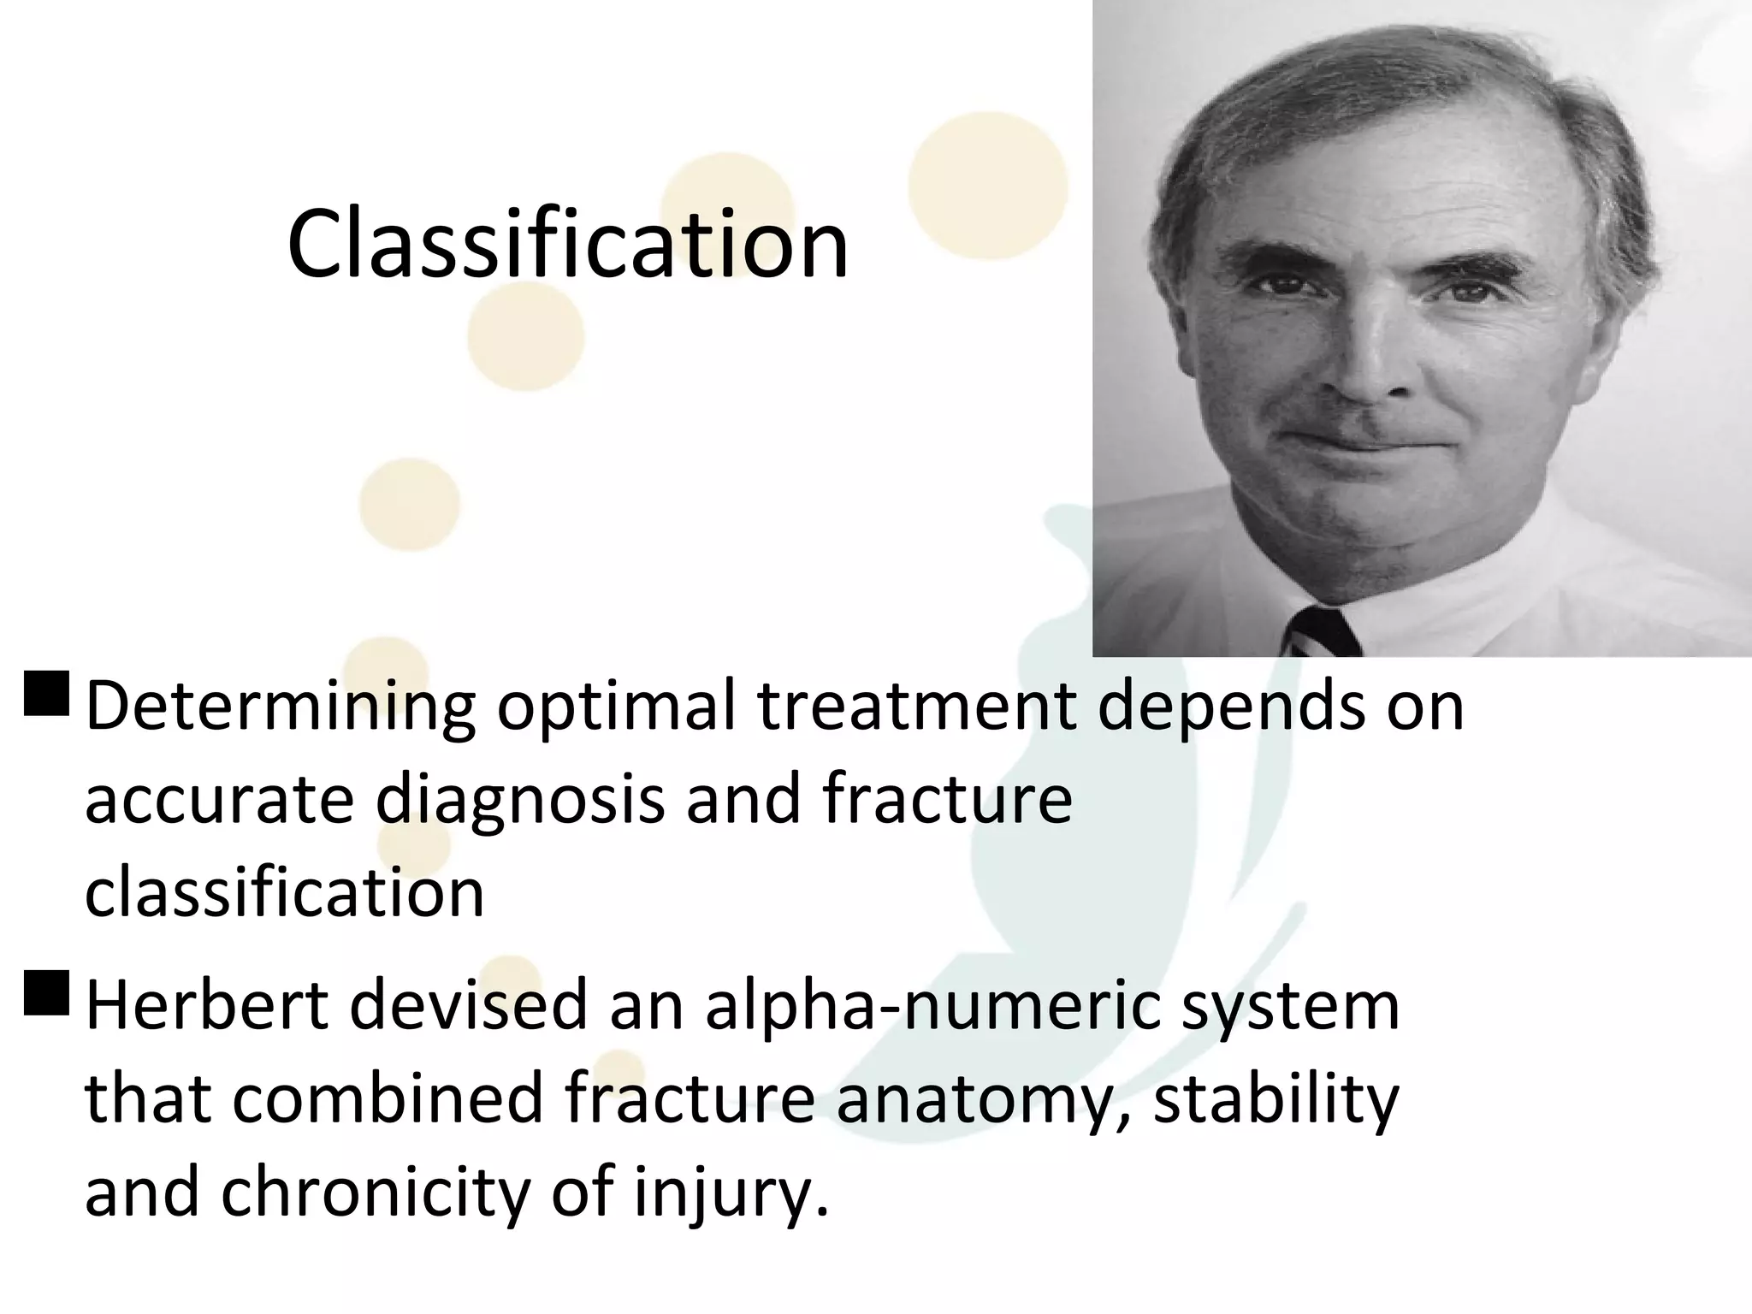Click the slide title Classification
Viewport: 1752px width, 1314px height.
(x=568, y=246)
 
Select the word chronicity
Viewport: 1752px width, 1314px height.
(x=376, y=1193)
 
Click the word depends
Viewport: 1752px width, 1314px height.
(x=1232, y=708)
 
